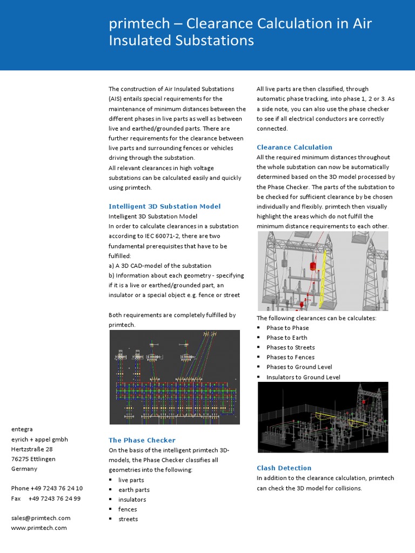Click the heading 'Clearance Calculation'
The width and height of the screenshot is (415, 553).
294,147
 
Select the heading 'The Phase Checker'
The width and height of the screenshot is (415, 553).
142,440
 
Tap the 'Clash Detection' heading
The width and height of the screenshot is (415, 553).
284,468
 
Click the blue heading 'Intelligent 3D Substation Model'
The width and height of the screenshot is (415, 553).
164,206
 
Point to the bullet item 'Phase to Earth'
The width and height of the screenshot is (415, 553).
286,338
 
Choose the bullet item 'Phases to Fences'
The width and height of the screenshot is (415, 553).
290,357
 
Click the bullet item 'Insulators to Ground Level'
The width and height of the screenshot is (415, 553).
303,377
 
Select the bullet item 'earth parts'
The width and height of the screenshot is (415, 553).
134,490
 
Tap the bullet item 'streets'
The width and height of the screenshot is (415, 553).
128,519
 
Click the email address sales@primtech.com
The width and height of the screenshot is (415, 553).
41,518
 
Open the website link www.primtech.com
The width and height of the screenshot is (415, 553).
39,528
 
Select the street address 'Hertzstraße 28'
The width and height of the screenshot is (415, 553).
32,449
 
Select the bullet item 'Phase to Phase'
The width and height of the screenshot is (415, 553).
287,328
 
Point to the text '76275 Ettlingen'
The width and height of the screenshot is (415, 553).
33,459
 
